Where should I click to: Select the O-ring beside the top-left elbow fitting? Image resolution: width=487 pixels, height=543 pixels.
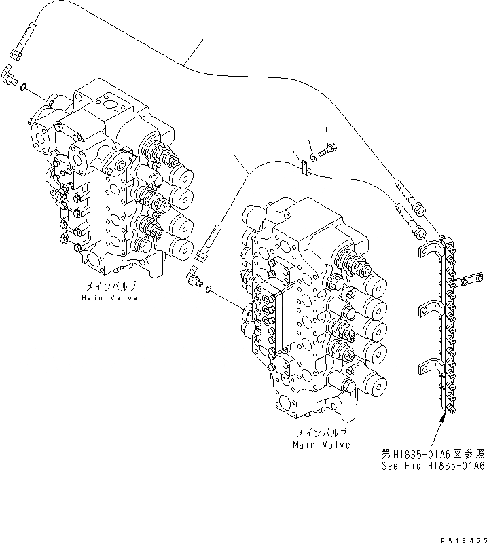(24, 87)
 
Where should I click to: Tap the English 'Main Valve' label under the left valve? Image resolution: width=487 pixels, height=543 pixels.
(109, 297)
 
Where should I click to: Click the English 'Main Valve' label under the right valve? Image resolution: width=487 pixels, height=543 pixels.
(321, 445)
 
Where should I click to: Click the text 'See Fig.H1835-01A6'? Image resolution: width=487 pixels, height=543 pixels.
(432, 466)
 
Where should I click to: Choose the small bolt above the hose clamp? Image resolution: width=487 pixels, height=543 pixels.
(331, 148)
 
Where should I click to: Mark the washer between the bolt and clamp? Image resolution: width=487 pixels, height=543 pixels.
(312, 159)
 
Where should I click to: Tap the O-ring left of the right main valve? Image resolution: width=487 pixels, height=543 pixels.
(210, 290)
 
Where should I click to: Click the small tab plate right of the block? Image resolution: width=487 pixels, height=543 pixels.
(469, 276)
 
